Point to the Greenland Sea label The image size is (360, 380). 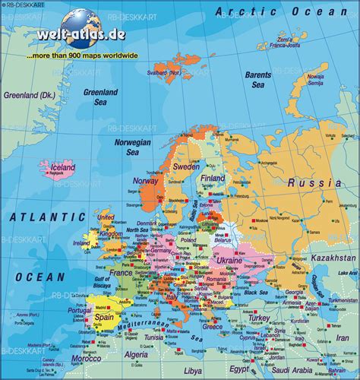tap(100, 97)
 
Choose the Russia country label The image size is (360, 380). tap(314, 182)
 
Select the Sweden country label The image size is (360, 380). tap(186, 166)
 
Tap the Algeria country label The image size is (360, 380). tap(137, 354)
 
